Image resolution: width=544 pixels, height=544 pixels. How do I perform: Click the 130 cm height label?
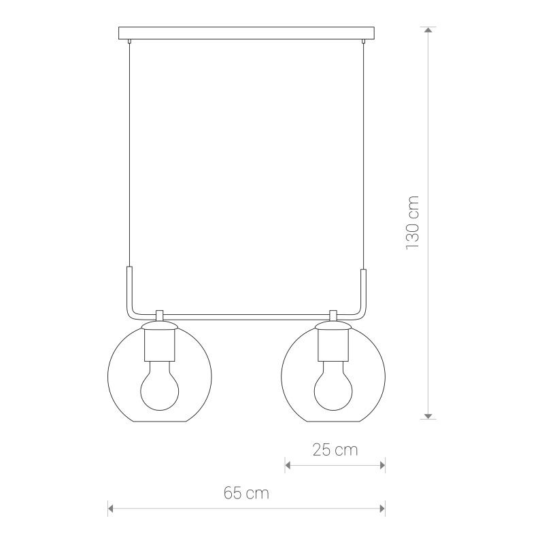pos(413,222)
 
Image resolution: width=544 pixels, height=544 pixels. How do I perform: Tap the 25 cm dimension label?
pos(335,450)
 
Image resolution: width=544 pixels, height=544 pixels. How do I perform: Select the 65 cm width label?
pos(246,493)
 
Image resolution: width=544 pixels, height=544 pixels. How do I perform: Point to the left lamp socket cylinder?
pos(160,345)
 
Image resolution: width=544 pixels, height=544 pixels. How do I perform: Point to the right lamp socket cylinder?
pos(333,345)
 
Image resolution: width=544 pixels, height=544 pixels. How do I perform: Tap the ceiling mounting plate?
pos(246,33)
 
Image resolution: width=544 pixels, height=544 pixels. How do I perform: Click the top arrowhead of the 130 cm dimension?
pos(428,30)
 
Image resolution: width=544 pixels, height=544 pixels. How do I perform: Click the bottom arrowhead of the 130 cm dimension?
pos(428,416)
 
